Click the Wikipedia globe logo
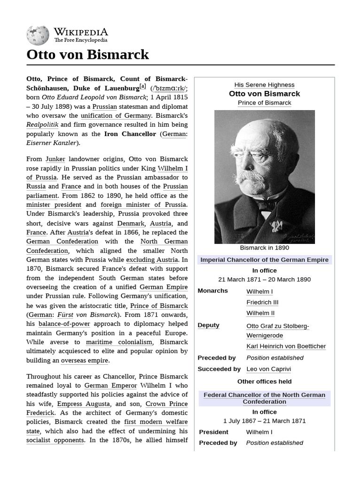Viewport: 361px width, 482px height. [x=38, y=35]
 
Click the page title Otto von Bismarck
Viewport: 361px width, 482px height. [x=88, y=55]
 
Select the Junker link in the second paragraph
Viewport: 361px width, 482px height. [x=55, y=159]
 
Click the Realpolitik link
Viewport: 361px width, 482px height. [x=42, y=125]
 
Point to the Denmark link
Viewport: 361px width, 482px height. [x=130, y=223]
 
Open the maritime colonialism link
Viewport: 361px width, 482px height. [x=119, y=342]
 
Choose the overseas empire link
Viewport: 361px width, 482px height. [x=85, y=361]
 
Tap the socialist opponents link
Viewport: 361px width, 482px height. [x=55, y=440]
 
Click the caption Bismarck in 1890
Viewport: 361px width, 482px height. [x=264, y=248]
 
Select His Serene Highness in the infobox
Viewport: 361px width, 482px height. [x=264, y=85]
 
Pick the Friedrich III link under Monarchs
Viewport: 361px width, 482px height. [x=262, y=302]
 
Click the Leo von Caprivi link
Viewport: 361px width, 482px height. [x=268, y=369]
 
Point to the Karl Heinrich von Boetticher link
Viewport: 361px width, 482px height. [x=286, y=346]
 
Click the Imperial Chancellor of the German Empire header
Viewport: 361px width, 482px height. [x=264, y=260]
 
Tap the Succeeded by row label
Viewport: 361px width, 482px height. [x=219, y=369]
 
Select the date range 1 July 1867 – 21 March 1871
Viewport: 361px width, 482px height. [x=264, y=421]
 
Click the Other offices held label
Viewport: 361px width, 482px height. [x=264, y=381]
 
